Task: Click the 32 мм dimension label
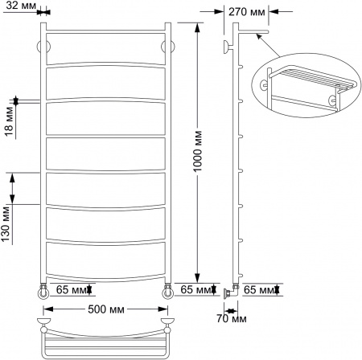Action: pos(19,6)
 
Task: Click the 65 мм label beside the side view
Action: pos(258,289)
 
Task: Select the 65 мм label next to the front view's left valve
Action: pos(70,289)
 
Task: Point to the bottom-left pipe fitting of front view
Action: pos(42,289)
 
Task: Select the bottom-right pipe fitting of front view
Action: pos(167,289)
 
